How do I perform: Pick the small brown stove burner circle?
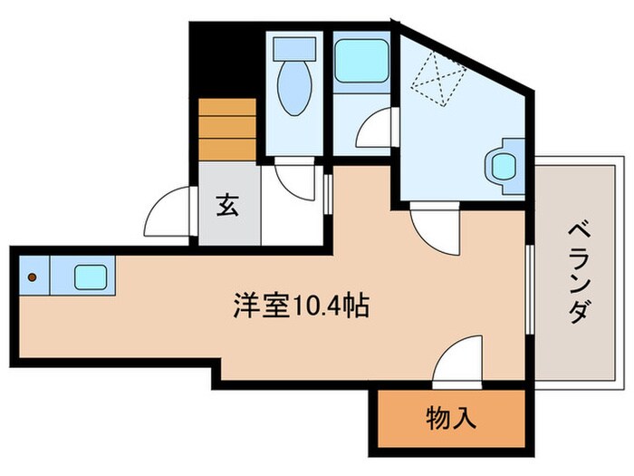33,277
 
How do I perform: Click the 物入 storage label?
450,419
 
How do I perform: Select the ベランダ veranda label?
578,271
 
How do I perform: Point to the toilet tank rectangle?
294,48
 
